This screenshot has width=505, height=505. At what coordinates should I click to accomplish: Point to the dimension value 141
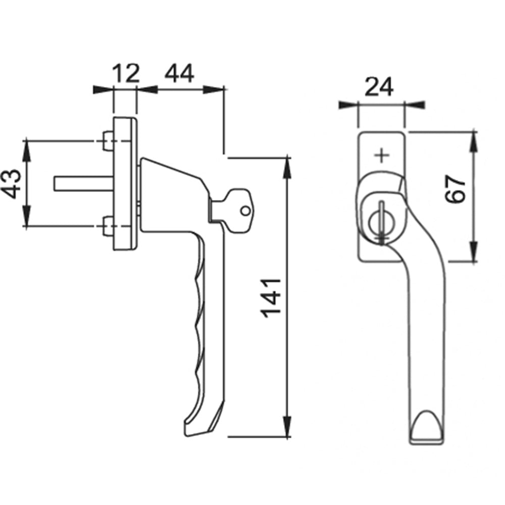[x=272, y=298]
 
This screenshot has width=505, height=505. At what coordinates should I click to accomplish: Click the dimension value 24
[x=379, y=87]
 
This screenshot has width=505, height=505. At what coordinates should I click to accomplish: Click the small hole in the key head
[x=245, y=211]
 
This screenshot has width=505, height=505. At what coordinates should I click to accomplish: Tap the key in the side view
[x=230, y=205]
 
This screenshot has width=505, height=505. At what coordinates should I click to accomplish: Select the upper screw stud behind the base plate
[x=108, y=141]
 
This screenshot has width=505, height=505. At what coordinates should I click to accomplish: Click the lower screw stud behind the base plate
[x=108, y=226]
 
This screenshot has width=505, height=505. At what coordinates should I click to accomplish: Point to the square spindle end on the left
[x=83, y=184]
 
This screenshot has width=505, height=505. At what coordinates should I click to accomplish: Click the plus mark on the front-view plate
[x=382, y=156]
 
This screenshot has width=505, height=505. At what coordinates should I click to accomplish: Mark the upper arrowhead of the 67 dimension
[x=473, y=143]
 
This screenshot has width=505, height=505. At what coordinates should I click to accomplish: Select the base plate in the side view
[x=125, y=184]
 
